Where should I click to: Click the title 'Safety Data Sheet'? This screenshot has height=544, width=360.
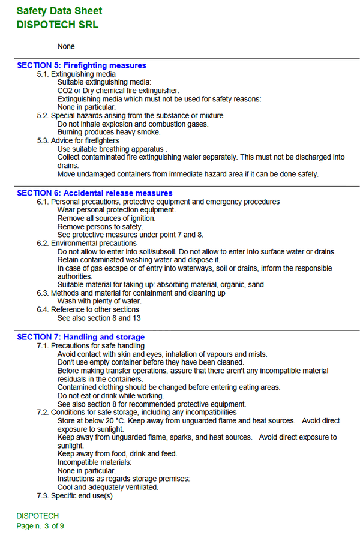(x=59, y=11)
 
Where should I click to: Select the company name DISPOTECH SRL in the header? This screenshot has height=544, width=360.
(x=58, y=25)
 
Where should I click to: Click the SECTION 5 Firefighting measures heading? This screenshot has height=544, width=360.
(x=82, y=65)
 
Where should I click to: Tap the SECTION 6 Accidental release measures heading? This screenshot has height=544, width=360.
(x=95, y=193)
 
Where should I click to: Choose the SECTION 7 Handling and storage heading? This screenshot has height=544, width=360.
(x=80, y=337)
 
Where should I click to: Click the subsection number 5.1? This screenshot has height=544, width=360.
(x=43, y=74)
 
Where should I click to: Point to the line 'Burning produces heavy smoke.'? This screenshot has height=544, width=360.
(x=109, y=132)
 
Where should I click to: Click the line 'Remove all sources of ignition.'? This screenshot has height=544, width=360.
(x=106, y=218)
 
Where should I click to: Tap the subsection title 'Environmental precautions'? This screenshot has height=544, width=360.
(x=94, y=244)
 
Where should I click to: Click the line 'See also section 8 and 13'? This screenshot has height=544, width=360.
(x=99, y=318)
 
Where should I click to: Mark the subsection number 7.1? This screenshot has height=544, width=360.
(x=43, y=346)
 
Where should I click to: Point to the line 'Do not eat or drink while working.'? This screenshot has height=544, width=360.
(x=110, y=396)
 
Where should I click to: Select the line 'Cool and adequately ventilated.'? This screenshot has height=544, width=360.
(x=107, y=487)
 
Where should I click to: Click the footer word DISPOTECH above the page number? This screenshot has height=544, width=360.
(x=37, y=516)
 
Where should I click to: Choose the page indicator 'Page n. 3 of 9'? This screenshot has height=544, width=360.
(x=40, y=526)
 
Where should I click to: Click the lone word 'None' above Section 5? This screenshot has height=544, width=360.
(x=66, y=46)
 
